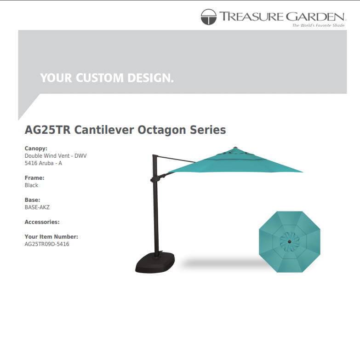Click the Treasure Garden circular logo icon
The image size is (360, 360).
click(x=208, y=17)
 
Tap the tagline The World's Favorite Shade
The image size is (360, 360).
click(x=318, y=25)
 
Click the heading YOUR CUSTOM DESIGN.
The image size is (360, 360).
click(x=107, y=78)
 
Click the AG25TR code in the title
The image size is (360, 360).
click(x=48, y=130)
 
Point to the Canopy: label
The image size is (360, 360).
click(x=36, y=149)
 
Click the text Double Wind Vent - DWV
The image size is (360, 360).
click(x=55, y=156)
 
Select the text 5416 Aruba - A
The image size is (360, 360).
click(x=43, y=163)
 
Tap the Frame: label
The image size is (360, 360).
click(x=34, y=178)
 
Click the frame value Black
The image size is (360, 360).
click(x=31, y=185)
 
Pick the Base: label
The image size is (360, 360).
click(x=32, y=200)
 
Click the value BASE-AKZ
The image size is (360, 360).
click(x=37, y=207)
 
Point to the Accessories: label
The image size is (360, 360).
click(x=42, y=222)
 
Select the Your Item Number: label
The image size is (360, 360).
click(x=51, y=237)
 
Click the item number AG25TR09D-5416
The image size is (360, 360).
click(x=47, y=244)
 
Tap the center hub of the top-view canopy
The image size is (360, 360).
click(x=289, y=241)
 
